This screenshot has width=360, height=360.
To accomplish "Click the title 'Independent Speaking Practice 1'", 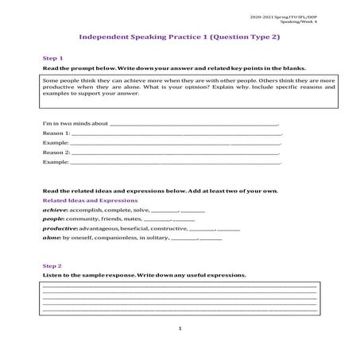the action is (x=139, y=37).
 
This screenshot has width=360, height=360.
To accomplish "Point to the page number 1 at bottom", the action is (x=180, y=327).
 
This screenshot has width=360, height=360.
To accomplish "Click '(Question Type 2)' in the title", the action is (x=238, y=37).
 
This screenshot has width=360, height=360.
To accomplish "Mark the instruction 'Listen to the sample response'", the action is (x=88, y=275).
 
